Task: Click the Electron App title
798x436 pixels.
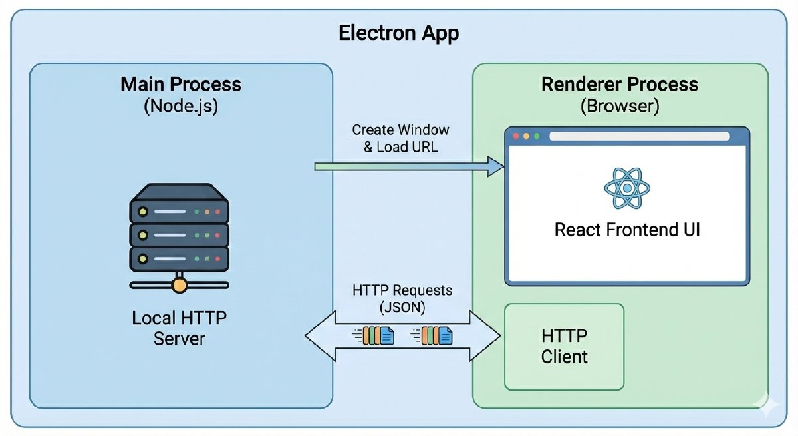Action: coord(398,33)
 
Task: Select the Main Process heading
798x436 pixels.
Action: coord(181,85)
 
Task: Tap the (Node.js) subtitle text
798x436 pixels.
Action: coord(181,106)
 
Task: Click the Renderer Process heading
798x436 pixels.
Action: coord(620,85)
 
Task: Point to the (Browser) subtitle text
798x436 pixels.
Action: coord(620,106)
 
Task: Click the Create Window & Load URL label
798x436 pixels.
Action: coord(400,138)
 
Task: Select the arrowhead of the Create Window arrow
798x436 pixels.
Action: coord(495,166)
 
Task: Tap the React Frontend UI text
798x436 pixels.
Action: coord(627,230)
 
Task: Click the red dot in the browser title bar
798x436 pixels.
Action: coord(517,136)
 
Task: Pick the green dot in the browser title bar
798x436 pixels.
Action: coord(536,136)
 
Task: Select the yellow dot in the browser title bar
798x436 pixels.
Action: coord(527,136)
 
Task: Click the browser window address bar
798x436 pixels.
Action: coord(638,136)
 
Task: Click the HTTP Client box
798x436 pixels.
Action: coord(564,346)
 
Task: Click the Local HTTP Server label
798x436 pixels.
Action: coord(180,327)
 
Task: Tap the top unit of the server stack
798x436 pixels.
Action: coord(178,212)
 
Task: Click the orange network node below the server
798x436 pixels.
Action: coord(178,286)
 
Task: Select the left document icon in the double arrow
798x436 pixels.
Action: coord(378,335)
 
